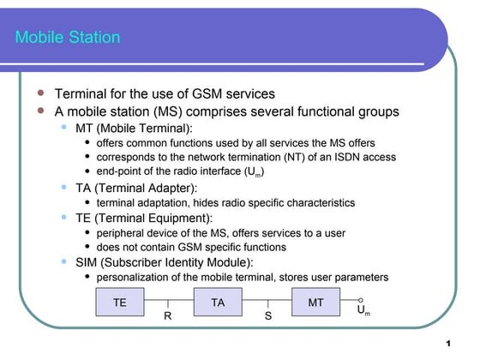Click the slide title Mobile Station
click(x=68, y=38)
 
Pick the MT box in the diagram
click(x=315, y=303)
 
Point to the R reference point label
click(x=168, y=316)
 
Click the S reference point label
click(x=267, y=316)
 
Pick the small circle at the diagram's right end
click(x=362, y=300)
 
